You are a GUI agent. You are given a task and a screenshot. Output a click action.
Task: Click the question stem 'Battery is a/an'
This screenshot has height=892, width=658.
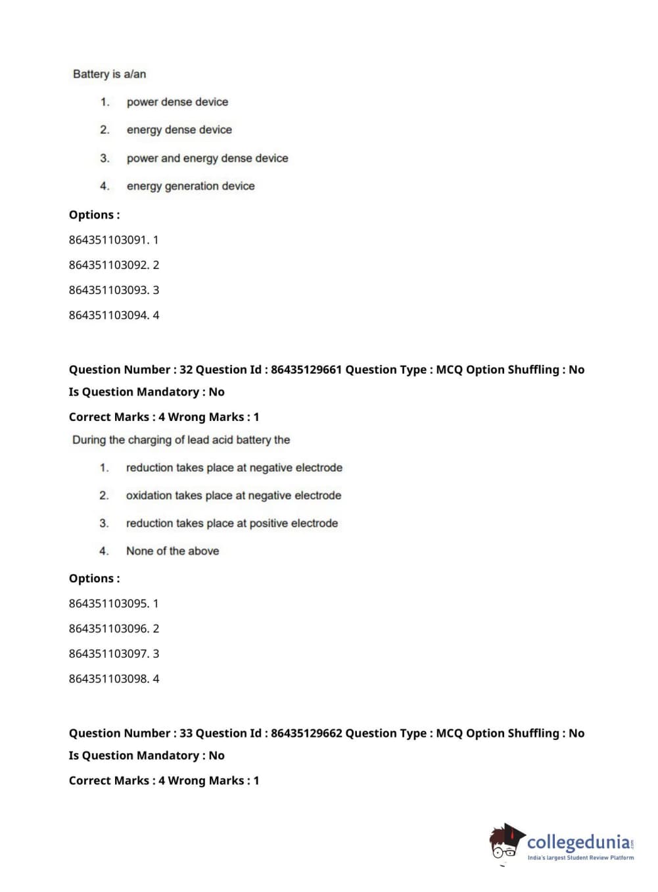[x=109, y=74]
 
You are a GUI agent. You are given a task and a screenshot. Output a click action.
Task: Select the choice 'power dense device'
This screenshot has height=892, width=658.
[x=177, y=102]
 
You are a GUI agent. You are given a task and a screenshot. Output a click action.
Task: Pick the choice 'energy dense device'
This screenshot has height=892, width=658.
[x=179, y=130]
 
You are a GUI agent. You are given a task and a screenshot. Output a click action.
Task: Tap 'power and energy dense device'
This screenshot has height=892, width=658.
[x=207, y=158]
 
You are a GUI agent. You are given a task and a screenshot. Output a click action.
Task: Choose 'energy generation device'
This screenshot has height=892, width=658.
[x=190, y=186]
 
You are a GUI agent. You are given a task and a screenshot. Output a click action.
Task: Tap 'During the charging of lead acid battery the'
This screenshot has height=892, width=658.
[x=181, y=440]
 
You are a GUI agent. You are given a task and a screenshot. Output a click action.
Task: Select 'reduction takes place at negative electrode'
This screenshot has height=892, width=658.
[x=234, y=468]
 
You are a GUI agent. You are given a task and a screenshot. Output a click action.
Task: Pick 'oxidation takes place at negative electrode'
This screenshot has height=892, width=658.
[x=233, y=495]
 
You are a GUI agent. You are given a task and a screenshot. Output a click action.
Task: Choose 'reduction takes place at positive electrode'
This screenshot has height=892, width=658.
[x=231, y=524]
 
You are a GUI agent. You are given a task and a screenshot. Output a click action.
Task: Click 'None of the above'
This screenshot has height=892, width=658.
[x=172, y=551]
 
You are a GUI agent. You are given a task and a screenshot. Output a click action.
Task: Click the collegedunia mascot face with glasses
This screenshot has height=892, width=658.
[x=505, y=845]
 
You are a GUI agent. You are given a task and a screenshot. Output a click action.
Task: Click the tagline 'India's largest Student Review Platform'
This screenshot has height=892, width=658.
[x=580, y=858]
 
